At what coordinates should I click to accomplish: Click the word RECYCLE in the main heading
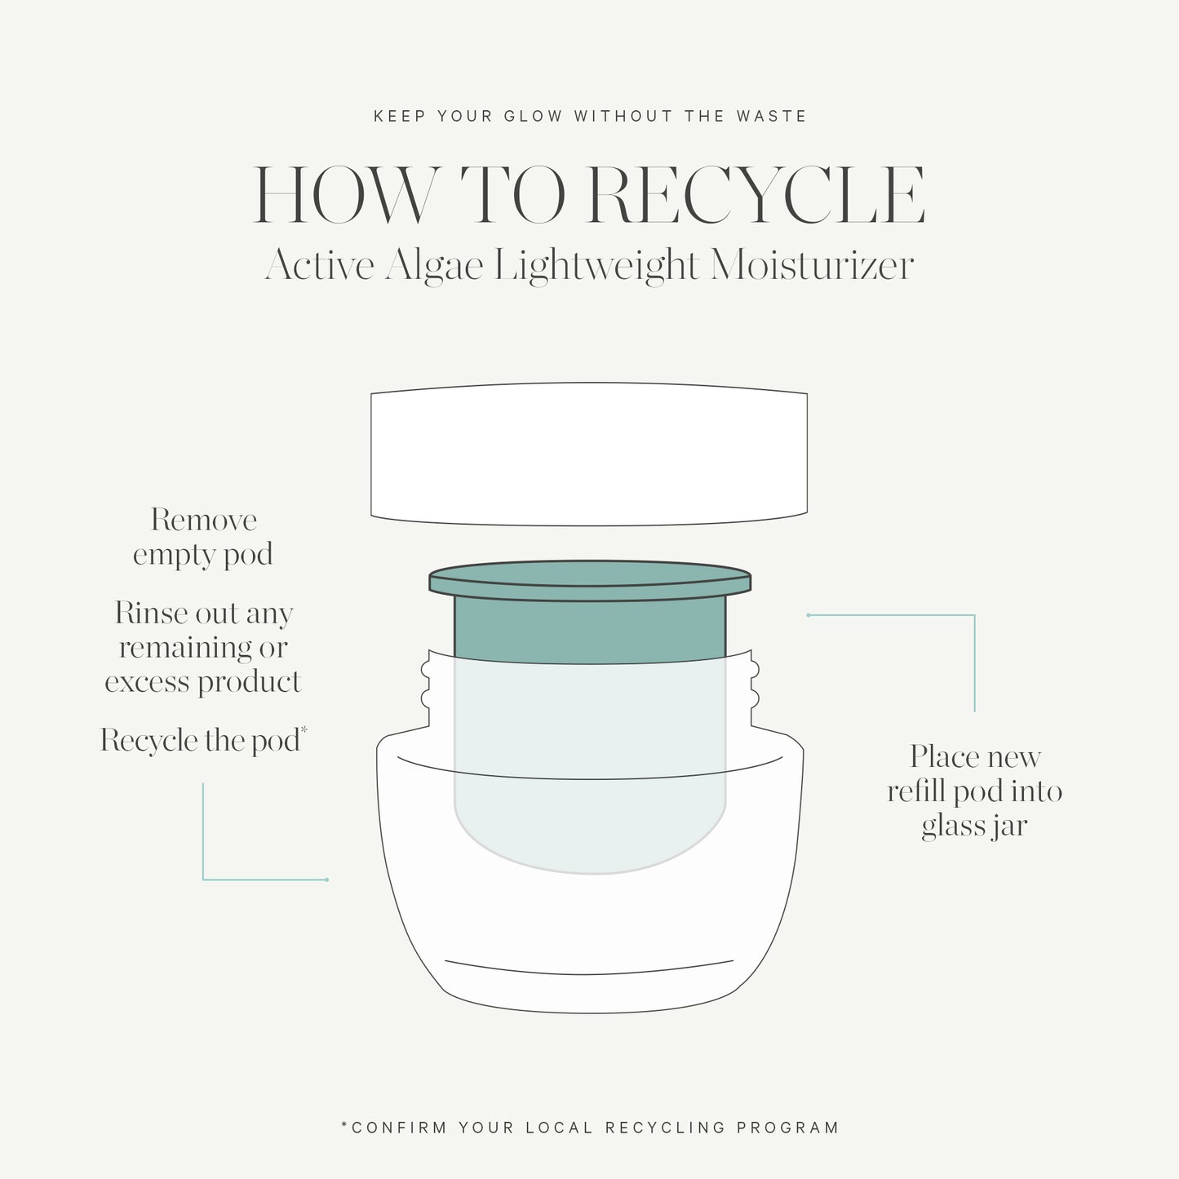(x=756, y=196)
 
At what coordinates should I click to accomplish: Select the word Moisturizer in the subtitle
(x=812, y=266)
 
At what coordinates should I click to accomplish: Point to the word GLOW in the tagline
(x=533, y=117)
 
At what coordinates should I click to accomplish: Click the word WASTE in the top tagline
(x=771, y=117)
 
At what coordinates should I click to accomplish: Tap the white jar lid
(x=589, y=454)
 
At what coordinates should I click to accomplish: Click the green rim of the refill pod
(x=589, y=582)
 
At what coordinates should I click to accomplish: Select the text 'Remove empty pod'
(x=203, y=537)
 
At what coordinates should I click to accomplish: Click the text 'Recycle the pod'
(x=200, y=741)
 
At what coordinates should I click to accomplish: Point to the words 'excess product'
(x=203, y=682)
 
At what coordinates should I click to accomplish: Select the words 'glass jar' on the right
(x=974, y=827)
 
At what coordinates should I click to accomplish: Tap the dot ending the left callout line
(x=326, y=880)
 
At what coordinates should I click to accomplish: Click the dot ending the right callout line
(x=808, y=615)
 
